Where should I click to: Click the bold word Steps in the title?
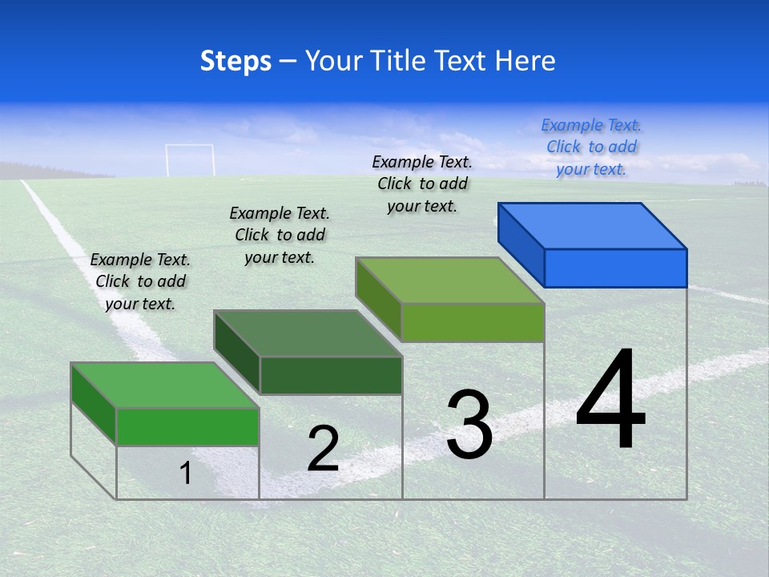pos(236,61)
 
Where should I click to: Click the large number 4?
pos(610,401)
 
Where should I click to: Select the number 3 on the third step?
pos(469,425)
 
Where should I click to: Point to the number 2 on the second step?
pos(323,449)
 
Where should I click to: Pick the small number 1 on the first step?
pos(186,473)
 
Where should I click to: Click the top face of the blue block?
pos(593,225)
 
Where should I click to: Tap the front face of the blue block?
pos(615,268)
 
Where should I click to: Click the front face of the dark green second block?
pos(331,375)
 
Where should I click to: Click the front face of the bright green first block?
pos(187,426)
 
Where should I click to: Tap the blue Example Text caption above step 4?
pos(591,147)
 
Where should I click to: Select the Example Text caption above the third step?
pos(422,184)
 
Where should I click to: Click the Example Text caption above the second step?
pos(280,235)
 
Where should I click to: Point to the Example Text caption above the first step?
pos(140,281)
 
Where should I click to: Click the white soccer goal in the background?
pos(190,159)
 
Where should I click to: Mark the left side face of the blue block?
pos(521,244)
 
